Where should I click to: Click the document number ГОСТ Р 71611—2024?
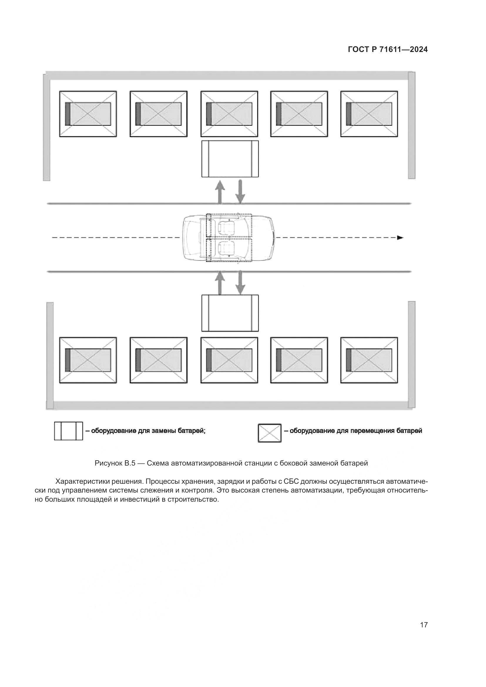coord(388,50)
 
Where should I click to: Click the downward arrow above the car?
coord(240,192)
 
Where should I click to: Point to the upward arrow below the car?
coord(220,283)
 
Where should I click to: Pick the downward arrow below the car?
coord(240,283)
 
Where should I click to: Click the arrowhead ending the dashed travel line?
coord(400,238)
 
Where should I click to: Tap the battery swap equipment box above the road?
coord(230,159)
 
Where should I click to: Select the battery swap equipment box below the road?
coord(230,313)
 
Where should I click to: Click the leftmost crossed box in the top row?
coord(88,114)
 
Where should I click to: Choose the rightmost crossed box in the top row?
coord(369,114)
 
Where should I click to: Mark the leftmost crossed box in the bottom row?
coord(88,360)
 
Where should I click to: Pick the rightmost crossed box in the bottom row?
coord(369,360)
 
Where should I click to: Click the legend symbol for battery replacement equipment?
coord(68,431)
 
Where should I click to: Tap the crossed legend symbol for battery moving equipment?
coord(269,433)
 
